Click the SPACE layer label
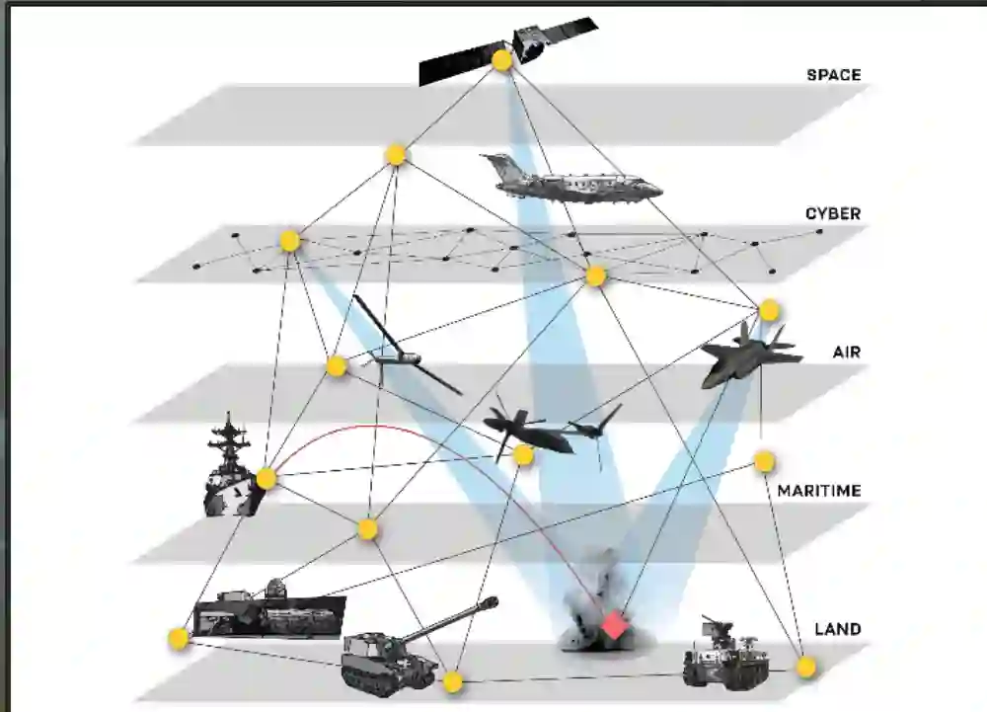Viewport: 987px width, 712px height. (x=833, y=75)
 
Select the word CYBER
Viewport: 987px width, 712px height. (x=832, y=213)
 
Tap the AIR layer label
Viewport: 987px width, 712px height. (x=847, y=352)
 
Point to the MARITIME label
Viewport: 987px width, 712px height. (x=818, y=491)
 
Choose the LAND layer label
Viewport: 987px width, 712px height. (x=837, y=629)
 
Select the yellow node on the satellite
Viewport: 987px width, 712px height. (x=501, y=61)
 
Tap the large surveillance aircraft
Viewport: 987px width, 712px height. (x=568, y=181)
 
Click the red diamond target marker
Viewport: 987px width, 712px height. (x=614, y=625)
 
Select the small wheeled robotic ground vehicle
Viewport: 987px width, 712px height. (x=725, y=654)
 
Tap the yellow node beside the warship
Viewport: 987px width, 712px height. (x=266, y=479)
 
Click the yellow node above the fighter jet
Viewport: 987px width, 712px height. (x=769, y=311)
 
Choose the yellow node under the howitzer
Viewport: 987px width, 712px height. (x=452, y=681)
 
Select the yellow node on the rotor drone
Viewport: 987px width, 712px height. (x=523, y=455)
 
